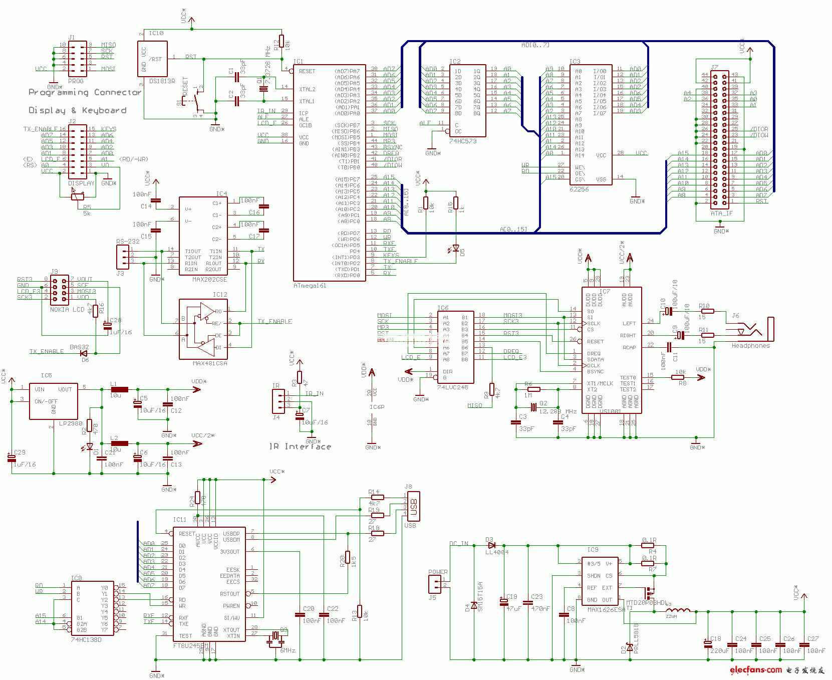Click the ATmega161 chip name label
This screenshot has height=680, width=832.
(x=310, y=286)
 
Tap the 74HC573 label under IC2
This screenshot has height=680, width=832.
(x=462, y=141)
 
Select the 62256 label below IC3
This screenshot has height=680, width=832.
(x=579, y=189)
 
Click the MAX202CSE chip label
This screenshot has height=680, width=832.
(x=209, y=280)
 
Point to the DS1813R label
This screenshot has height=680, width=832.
(x=162, y=81)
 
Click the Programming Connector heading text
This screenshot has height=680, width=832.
(x=85, y=92)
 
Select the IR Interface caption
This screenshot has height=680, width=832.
(x=300, y=446)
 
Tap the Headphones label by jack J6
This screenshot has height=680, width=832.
(x=750, y=346)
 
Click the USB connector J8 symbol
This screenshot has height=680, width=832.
(x=413, y=507)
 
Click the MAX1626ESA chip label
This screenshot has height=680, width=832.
(x=606, y=610)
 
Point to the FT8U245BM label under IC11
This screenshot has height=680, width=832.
(x=190, y=646)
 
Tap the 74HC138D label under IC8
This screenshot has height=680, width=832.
(x=86, y=640)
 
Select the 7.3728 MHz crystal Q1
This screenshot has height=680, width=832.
(x=263, y=89)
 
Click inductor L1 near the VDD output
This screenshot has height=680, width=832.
(x=119, y=389)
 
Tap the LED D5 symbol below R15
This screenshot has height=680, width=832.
(x=456, y=248)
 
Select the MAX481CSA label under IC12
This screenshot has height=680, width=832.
(x=209, y=363)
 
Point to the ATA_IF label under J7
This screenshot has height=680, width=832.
(x=721, y=213)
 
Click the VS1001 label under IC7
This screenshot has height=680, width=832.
(x=610, y=411)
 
